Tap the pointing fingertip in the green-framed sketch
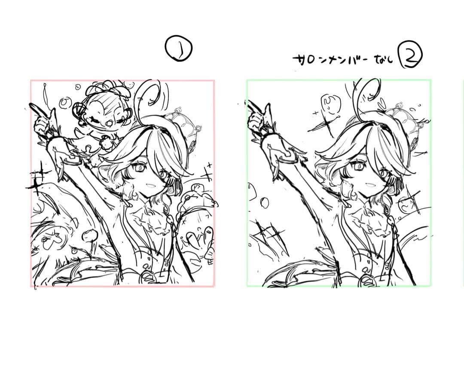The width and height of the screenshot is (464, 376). (250, 102)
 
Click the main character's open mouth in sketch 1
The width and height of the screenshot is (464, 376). (149, 185)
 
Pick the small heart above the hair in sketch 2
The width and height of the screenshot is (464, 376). (382, 103)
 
